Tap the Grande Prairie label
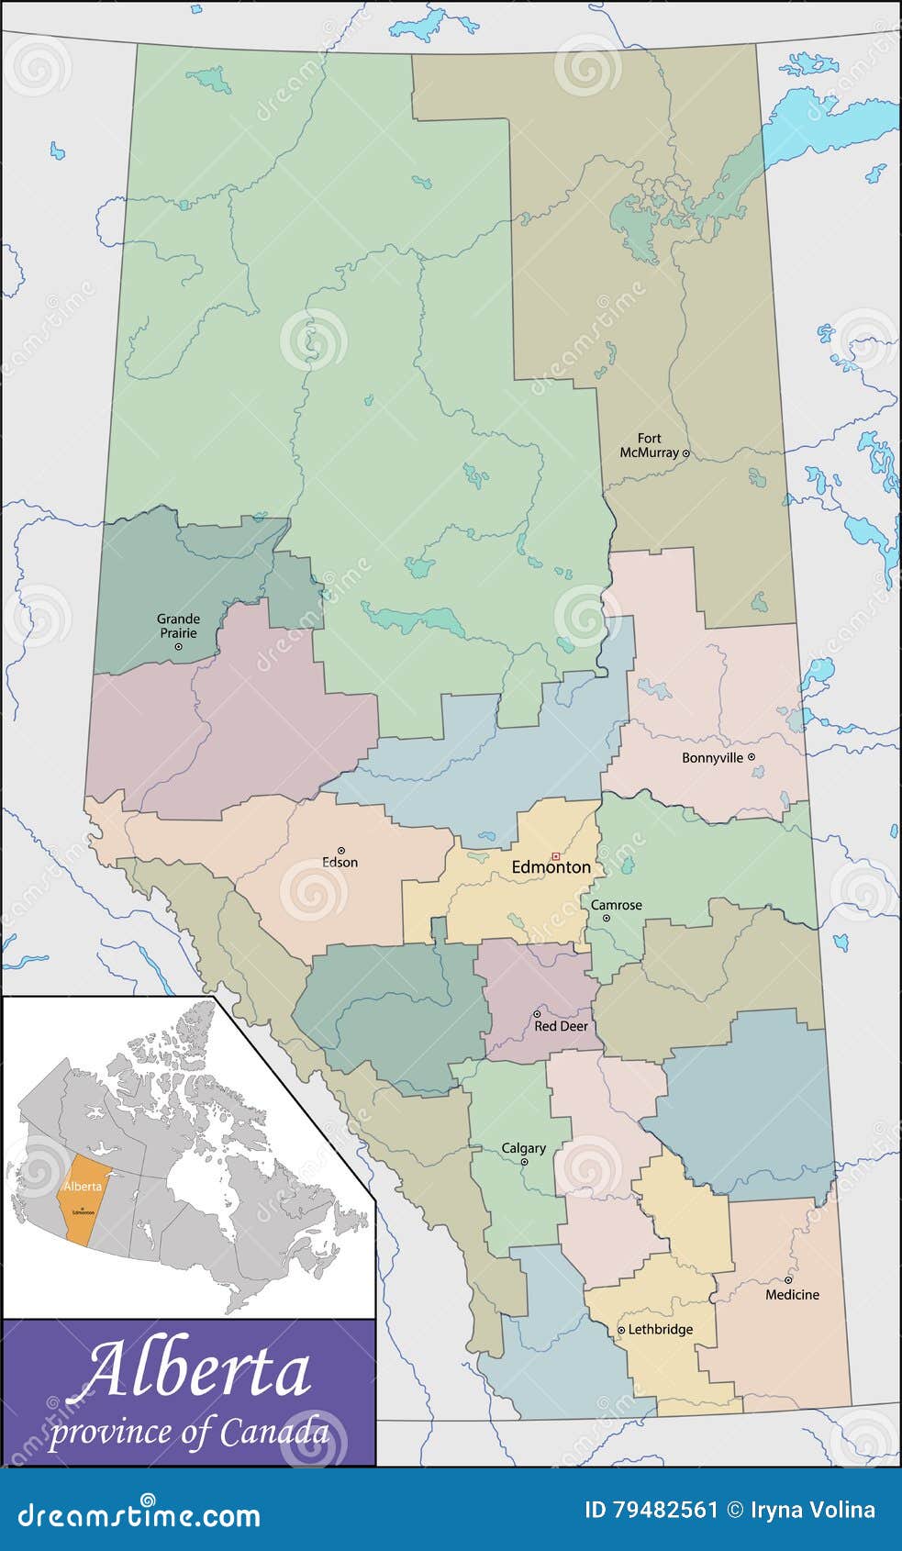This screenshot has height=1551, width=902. point(178,626)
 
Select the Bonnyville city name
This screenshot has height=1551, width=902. point(712,758)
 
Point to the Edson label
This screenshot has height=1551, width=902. point(340,863)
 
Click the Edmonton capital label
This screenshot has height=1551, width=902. point(551,867)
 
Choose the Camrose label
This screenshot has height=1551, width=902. point(617,905)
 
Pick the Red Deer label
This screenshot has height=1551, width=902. point(561,1026)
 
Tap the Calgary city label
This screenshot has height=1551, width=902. point(524,1148)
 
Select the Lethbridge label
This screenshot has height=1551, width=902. point(661,1330)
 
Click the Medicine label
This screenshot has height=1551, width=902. point(793,1295)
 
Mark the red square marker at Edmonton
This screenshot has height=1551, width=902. point(555,855)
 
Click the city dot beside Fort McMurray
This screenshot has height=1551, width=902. point(685,453)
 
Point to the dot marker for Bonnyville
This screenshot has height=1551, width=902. point(752,757)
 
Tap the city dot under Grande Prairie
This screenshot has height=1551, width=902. point(178,647)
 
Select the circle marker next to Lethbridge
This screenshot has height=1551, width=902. point(621,1330)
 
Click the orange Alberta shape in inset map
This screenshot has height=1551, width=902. point(81,1199)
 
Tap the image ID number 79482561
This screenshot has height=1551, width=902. point(652,1510)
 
